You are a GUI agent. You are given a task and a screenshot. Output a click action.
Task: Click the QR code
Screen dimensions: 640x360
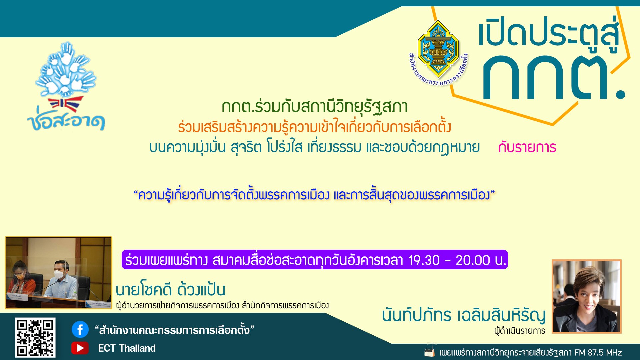[x=35, y=337]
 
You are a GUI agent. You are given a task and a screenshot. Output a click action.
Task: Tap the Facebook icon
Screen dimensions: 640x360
[x=80, y=330]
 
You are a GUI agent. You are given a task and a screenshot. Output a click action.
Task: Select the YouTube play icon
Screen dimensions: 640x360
[x=80, y=348]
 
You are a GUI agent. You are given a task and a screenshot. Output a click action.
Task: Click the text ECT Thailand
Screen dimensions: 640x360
[x=127, y=348]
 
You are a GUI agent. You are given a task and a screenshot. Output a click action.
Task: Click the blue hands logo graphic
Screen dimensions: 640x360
[x=66, y=68]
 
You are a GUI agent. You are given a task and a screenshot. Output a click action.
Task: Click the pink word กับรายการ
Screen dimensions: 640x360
[x=527, y=147]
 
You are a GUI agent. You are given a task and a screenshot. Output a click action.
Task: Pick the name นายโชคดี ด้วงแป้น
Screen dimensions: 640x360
[x=170, y=289]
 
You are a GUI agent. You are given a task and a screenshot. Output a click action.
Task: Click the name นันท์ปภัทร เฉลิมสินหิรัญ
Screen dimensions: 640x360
[x=464, y=315]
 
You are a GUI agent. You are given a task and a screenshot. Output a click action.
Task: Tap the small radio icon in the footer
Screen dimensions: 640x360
[x=429, y=352]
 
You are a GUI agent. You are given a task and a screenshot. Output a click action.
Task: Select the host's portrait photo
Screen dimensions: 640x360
[x=587, y=296]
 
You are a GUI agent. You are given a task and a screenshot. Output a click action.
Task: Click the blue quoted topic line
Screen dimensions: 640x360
[x=314, y=195]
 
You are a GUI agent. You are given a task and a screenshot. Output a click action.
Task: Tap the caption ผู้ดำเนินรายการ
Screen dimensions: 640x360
[x=520, y=331]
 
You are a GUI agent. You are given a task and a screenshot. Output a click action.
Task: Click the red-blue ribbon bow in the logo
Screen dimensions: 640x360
[x=65, y=104]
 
